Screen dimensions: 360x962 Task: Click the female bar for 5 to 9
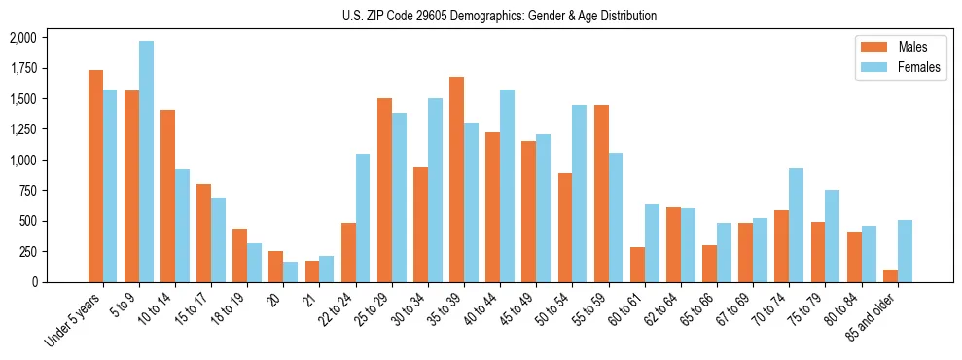coord(146,162)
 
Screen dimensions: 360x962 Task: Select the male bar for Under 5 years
coord(95,176)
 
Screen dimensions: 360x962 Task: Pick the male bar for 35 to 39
coord(456,179)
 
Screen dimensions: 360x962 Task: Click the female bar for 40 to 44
coord(507,186)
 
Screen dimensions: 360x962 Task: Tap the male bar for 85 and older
coord(890,275)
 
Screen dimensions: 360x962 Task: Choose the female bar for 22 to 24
coord(363,218)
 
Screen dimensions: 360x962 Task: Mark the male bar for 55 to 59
coord(601,194)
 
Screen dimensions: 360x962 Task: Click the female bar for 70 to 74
coord(796,225)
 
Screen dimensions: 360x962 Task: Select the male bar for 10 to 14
coord(167,196)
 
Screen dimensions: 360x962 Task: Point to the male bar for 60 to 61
coord(637,265)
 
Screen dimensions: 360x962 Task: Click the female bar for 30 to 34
coord(435,190)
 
